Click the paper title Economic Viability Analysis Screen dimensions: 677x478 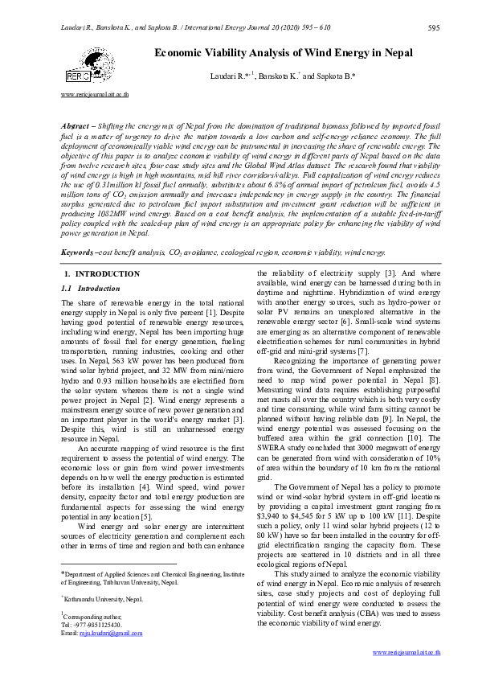(284, 53)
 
